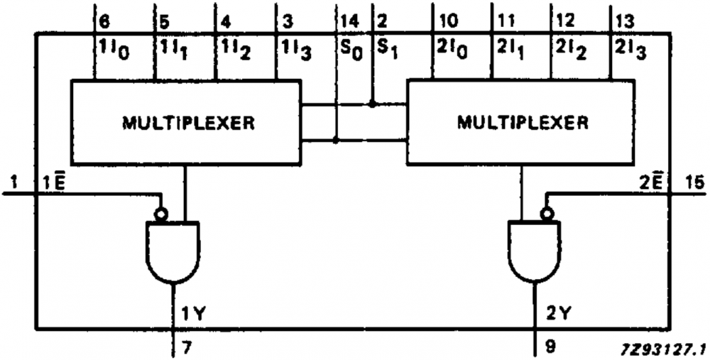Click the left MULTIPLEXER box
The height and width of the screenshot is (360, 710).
click(x=185, y=122)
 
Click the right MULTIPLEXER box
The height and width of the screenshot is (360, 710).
click(x=521, y=122)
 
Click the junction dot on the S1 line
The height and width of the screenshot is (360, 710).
click(x=372, y=104)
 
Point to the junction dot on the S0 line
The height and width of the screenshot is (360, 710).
click(x=336, y=141)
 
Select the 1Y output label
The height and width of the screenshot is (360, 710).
click(x=192, y=310)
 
